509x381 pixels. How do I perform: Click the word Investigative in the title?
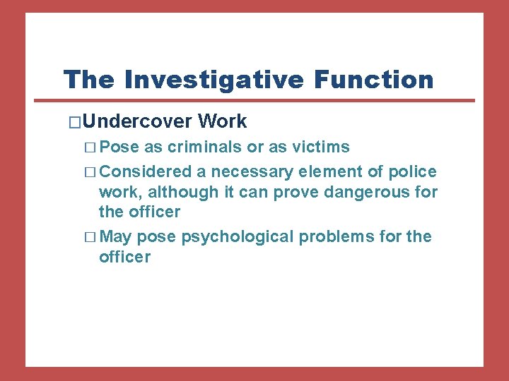coord(214,80)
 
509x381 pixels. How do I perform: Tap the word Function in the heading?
coord(375,80)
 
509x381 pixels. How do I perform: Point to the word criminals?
coord(206,147)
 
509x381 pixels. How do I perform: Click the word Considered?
coord(146,171)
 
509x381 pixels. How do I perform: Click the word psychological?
coord(237,237)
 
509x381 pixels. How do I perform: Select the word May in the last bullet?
coord(116,236)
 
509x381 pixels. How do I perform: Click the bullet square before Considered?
coord(90,172)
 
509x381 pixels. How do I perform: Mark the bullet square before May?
coord(90,237)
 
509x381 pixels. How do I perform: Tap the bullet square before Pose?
coord(90,147)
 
